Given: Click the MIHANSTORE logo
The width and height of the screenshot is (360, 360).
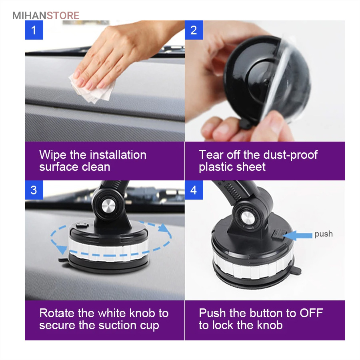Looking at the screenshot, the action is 46,16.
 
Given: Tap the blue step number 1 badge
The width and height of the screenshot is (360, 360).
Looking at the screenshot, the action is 34,30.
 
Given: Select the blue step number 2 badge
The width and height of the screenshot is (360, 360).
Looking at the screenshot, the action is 194,30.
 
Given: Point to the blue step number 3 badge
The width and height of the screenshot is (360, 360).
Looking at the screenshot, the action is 34,190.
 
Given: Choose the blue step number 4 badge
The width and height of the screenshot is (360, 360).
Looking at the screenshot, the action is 194,190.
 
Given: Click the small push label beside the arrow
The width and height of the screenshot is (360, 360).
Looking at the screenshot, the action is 324,234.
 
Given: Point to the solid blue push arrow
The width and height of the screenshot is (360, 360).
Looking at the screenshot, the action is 298,235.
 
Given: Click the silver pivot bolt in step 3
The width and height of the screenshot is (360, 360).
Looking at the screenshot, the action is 108,206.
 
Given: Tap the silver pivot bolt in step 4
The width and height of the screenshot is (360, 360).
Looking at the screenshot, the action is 247,218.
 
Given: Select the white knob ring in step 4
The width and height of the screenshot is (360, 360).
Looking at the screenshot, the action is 252,266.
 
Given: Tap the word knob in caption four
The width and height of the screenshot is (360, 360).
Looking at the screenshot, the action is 270,325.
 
